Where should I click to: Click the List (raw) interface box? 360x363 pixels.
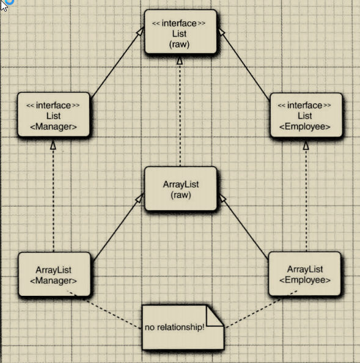click(180, 32)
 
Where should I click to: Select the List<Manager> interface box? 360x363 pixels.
click(53, 115)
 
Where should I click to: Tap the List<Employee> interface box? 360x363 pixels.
click(306, 115)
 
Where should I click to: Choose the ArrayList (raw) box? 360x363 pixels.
click(180, 189)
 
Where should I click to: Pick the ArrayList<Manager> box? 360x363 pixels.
click(54, 274)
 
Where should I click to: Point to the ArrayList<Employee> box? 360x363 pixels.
click(304, 274)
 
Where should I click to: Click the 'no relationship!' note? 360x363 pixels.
click(183, 328)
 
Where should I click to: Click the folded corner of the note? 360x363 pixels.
click(215, 316)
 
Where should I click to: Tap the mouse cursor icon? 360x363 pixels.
click(4, 5)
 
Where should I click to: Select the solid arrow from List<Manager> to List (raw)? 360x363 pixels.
click(117, 62)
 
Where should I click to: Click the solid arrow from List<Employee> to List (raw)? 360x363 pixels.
click(244, 64)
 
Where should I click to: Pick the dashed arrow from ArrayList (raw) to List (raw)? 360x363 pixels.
click(180, 112)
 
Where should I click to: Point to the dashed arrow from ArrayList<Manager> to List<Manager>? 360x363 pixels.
click(53, 197)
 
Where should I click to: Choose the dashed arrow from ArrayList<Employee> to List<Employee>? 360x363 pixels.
click(306, 197)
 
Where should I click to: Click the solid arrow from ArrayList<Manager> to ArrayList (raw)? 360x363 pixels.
click(119, 227)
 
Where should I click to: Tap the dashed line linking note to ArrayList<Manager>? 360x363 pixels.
click(104, 309)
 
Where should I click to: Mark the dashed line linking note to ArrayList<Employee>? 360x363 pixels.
click(261, 309)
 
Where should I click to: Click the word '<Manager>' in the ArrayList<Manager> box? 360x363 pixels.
click(53, 280)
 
